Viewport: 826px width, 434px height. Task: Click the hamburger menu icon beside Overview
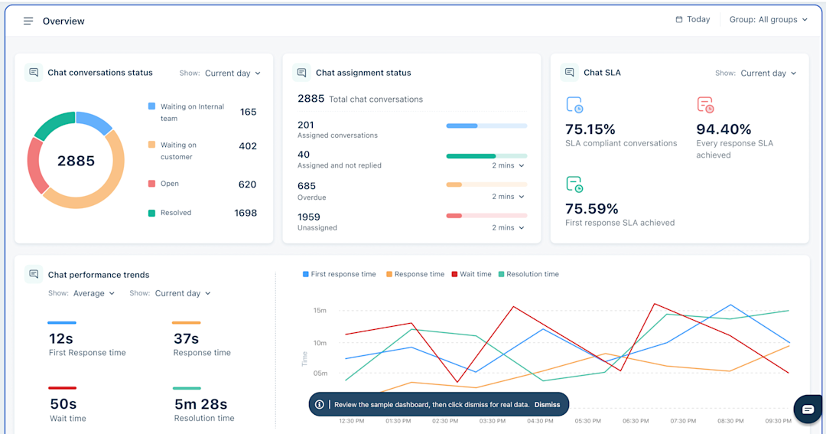click(x=28, y=21)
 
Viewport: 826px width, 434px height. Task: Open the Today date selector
click(x=693, y=20)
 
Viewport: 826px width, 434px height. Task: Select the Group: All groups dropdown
click(x=768, y=20)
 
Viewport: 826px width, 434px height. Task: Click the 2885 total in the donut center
click(x=76, y=161)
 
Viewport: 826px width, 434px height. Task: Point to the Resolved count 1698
click(x=246, y=213)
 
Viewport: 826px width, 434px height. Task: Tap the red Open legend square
click(x=151, y=184)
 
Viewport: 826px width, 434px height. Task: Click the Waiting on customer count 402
click(x=247, y=146)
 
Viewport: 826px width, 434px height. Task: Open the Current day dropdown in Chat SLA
click(x=768, y=73)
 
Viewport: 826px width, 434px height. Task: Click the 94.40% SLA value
click(x=724, y=129)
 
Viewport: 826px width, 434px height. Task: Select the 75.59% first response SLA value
click(x=592, y=209)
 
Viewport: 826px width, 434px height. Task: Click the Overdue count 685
click(x=307, y=186)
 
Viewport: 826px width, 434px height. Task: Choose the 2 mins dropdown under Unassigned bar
click(x=509, y=227)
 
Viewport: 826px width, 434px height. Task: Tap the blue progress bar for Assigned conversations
click(x=462, y=126)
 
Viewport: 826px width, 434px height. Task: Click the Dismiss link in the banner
click(x=547, y=405)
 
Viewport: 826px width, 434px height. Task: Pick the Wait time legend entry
click(x=471, y=274)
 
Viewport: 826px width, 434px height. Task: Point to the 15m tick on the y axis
click(x=320, y=310)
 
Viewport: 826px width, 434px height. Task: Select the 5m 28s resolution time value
click(x=200, y=404)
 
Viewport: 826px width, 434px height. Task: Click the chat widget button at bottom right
click(x=808, y=410)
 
